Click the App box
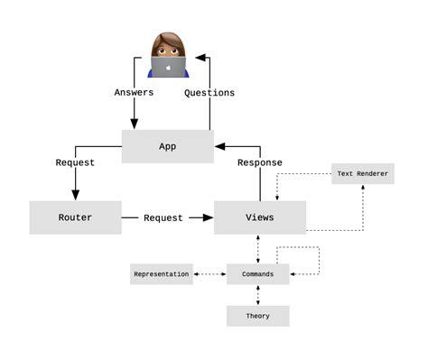coord(167,146)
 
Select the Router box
coord(75,217)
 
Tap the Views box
coord(260,217)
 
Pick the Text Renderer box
coord(363,173)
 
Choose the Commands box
coord(258,273)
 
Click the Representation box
coord(162,273)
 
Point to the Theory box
coord(258,316)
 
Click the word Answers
coord(134,92)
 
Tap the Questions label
coord(209,92)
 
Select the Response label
coord(259,162)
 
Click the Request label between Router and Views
coord(163,217)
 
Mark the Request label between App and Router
coord(75,162)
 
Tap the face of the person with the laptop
coord(167,47)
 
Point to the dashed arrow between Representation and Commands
coord(209,273)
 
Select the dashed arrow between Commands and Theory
coord(258,294)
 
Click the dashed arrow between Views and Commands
coord(258,249)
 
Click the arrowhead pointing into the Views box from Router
coord(208,217)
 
